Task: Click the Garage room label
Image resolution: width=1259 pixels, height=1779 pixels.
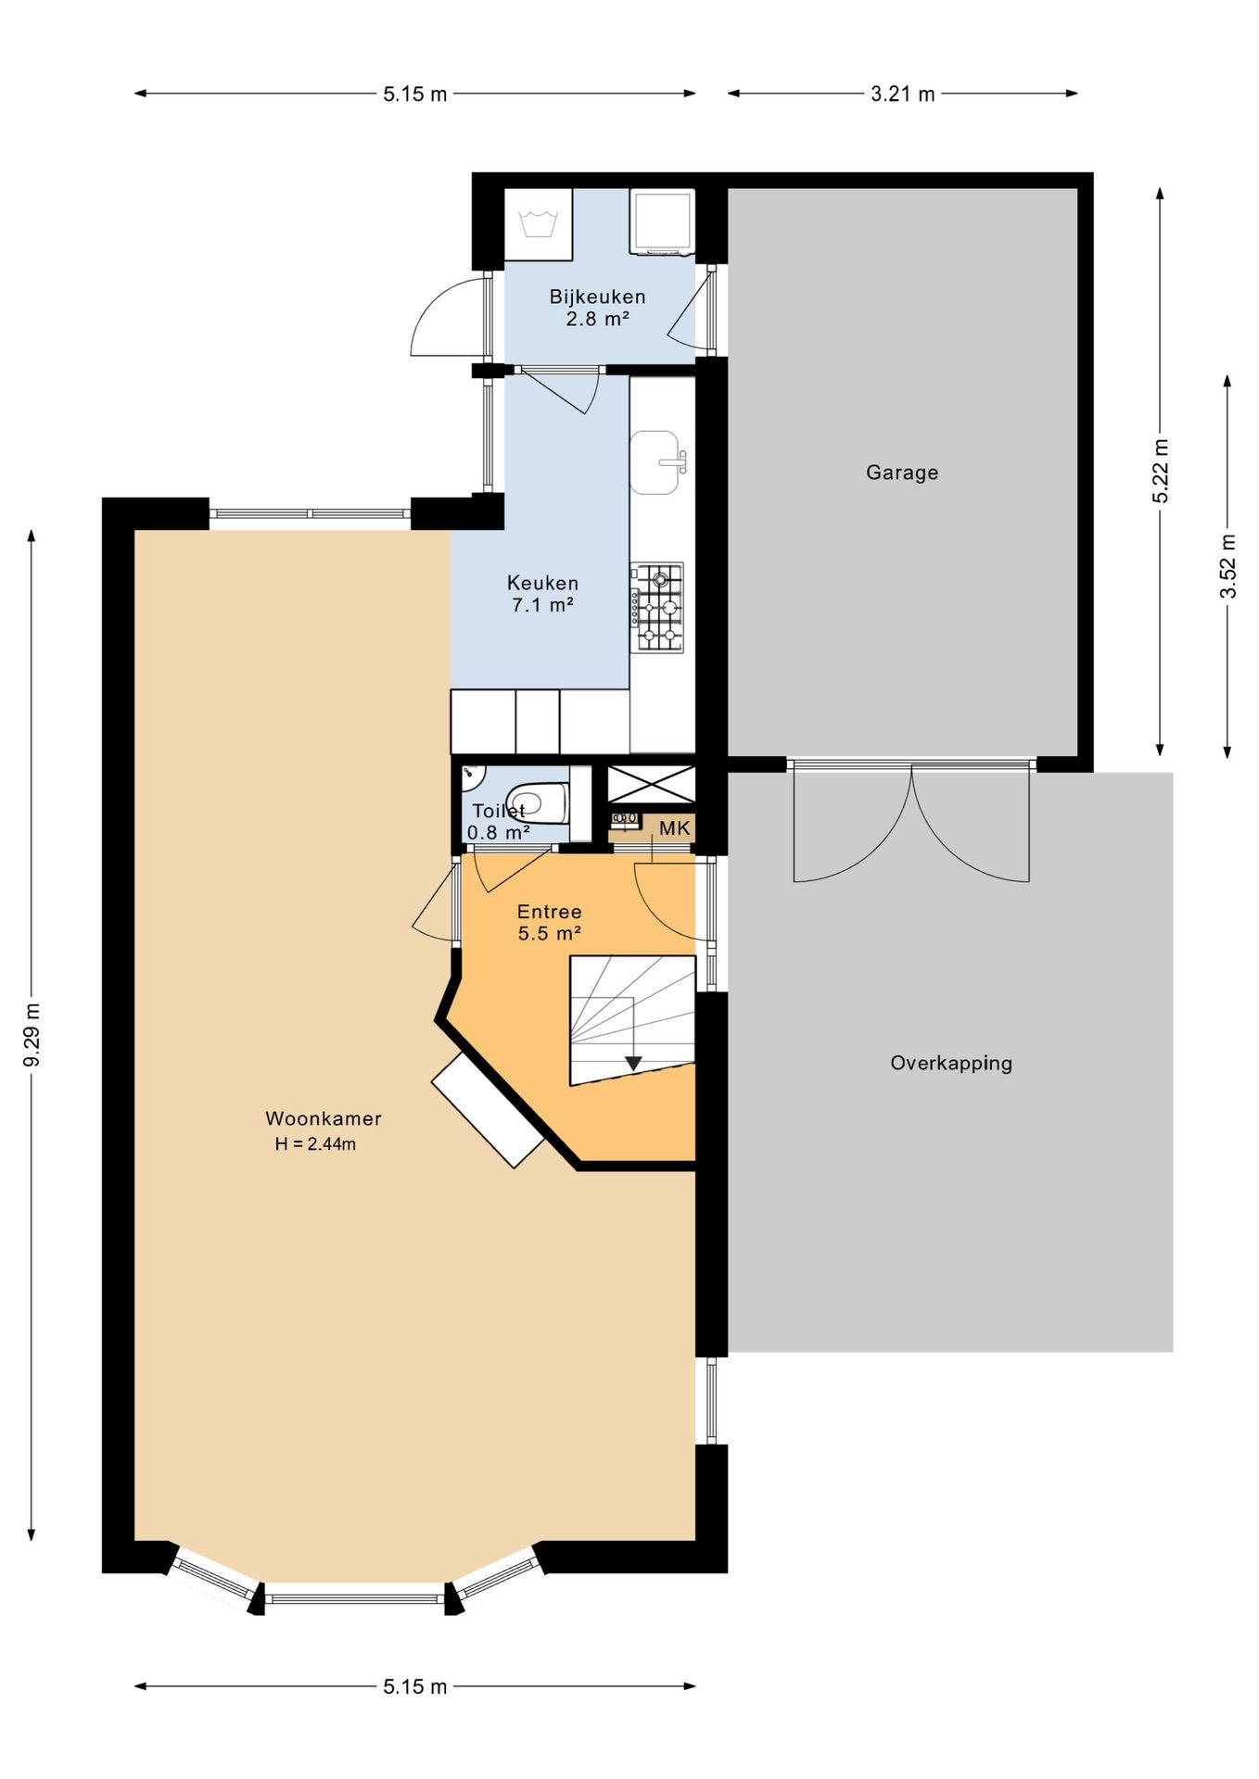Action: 902,473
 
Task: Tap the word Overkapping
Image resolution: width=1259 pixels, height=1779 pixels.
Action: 951,1064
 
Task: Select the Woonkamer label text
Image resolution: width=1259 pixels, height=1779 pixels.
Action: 324,1118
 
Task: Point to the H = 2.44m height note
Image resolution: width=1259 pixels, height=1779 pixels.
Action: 315,1144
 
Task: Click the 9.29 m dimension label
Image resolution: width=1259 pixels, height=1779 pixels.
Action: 32,1035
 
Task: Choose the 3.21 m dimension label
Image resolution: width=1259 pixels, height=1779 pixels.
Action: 903,94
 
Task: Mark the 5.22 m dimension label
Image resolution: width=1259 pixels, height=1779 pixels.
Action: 1160,472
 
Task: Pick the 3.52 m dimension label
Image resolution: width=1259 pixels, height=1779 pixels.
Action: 1227,566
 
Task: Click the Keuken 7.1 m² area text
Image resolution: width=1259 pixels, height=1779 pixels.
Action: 542,594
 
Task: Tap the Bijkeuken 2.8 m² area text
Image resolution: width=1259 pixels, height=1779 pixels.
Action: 597,308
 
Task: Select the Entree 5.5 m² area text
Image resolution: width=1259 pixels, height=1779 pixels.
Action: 549,923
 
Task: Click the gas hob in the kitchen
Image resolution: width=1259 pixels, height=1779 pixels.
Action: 657,607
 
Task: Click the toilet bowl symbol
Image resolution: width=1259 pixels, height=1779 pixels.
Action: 538,803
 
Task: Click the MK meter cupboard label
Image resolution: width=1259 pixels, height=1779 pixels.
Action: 675,828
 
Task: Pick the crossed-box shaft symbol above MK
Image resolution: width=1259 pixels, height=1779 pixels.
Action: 651,785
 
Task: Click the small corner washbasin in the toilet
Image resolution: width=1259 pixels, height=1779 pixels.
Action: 474,773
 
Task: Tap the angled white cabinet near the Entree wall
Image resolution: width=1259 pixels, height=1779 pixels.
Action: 488,1109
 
